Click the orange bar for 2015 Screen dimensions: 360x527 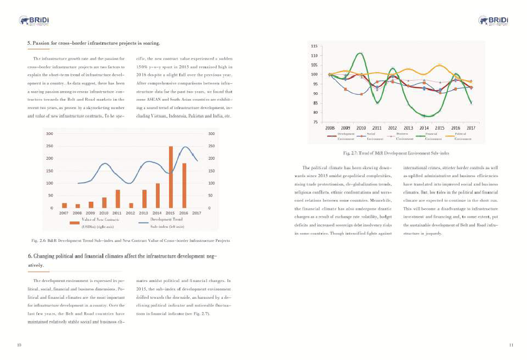coord(171,177)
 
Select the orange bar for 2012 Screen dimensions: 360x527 coord(131,205)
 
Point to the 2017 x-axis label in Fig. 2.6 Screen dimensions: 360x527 coord(197,213)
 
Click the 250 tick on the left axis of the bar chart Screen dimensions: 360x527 coord(49,146)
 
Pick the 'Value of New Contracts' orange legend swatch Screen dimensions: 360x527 coord(74,222)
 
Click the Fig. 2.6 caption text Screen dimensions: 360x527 coord(131,240)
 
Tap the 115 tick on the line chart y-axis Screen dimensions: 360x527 coord(314,46)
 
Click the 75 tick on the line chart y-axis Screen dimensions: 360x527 coord(315,122)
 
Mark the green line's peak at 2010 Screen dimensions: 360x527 coord(360,53)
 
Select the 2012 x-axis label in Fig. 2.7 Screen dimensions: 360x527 coord(392,128)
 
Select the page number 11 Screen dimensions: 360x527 coord(511,345)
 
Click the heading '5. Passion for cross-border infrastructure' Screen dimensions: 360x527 coord(93,42)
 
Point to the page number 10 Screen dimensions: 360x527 coord(19,345)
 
